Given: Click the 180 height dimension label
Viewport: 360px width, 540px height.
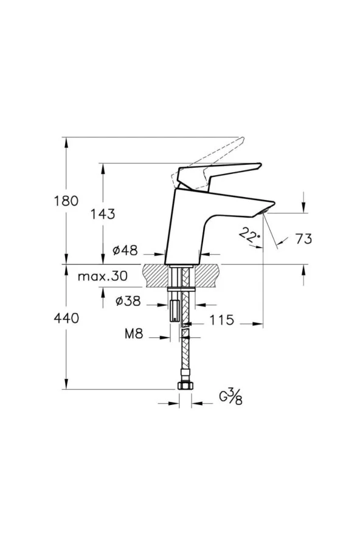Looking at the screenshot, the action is pos(66,201).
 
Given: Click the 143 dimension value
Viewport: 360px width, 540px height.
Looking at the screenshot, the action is pos(103,214).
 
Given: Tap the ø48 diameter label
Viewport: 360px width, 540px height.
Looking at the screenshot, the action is pos(125,251).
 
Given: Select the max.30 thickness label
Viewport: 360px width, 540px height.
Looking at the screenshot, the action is pos(102,276).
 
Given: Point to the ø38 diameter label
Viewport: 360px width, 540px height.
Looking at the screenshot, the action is pos(128,301).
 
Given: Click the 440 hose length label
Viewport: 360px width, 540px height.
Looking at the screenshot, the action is pos(66,318).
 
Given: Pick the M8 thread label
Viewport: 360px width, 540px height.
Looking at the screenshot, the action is pos(134,333).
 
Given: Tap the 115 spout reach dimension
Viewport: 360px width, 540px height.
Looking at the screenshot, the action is pos(222,320).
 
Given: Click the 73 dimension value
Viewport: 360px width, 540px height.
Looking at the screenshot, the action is pos(304,238).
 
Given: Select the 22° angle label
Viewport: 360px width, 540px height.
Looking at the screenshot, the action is pos(249,234).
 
